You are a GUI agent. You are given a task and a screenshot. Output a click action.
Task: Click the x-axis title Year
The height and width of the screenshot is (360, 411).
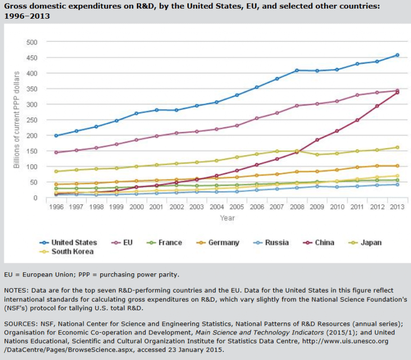click(227, 218)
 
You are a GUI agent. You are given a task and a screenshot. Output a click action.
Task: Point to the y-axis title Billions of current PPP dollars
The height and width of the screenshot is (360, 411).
click(17, 119)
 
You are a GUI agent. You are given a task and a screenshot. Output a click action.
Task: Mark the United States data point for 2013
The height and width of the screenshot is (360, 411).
click(397, 55)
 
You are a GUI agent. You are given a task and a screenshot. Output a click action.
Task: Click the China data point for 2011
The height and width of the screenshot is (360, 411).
click(356, 120)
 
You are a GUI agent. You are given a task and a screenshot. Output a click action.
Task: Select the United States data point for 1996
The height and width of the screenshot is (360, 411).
click(56, 136)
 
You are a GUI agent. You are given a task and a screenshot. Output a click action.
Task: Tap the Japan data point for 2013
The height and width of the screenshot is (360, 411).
click(397, 147)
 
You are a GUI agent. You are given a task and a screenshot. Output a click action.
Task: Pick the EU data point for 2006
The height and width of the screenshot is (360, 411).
click(256, 118)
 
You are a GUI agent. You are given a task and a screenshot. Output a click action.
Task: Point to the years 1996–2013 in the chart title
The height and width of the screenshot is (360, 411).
click(26, 16)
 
